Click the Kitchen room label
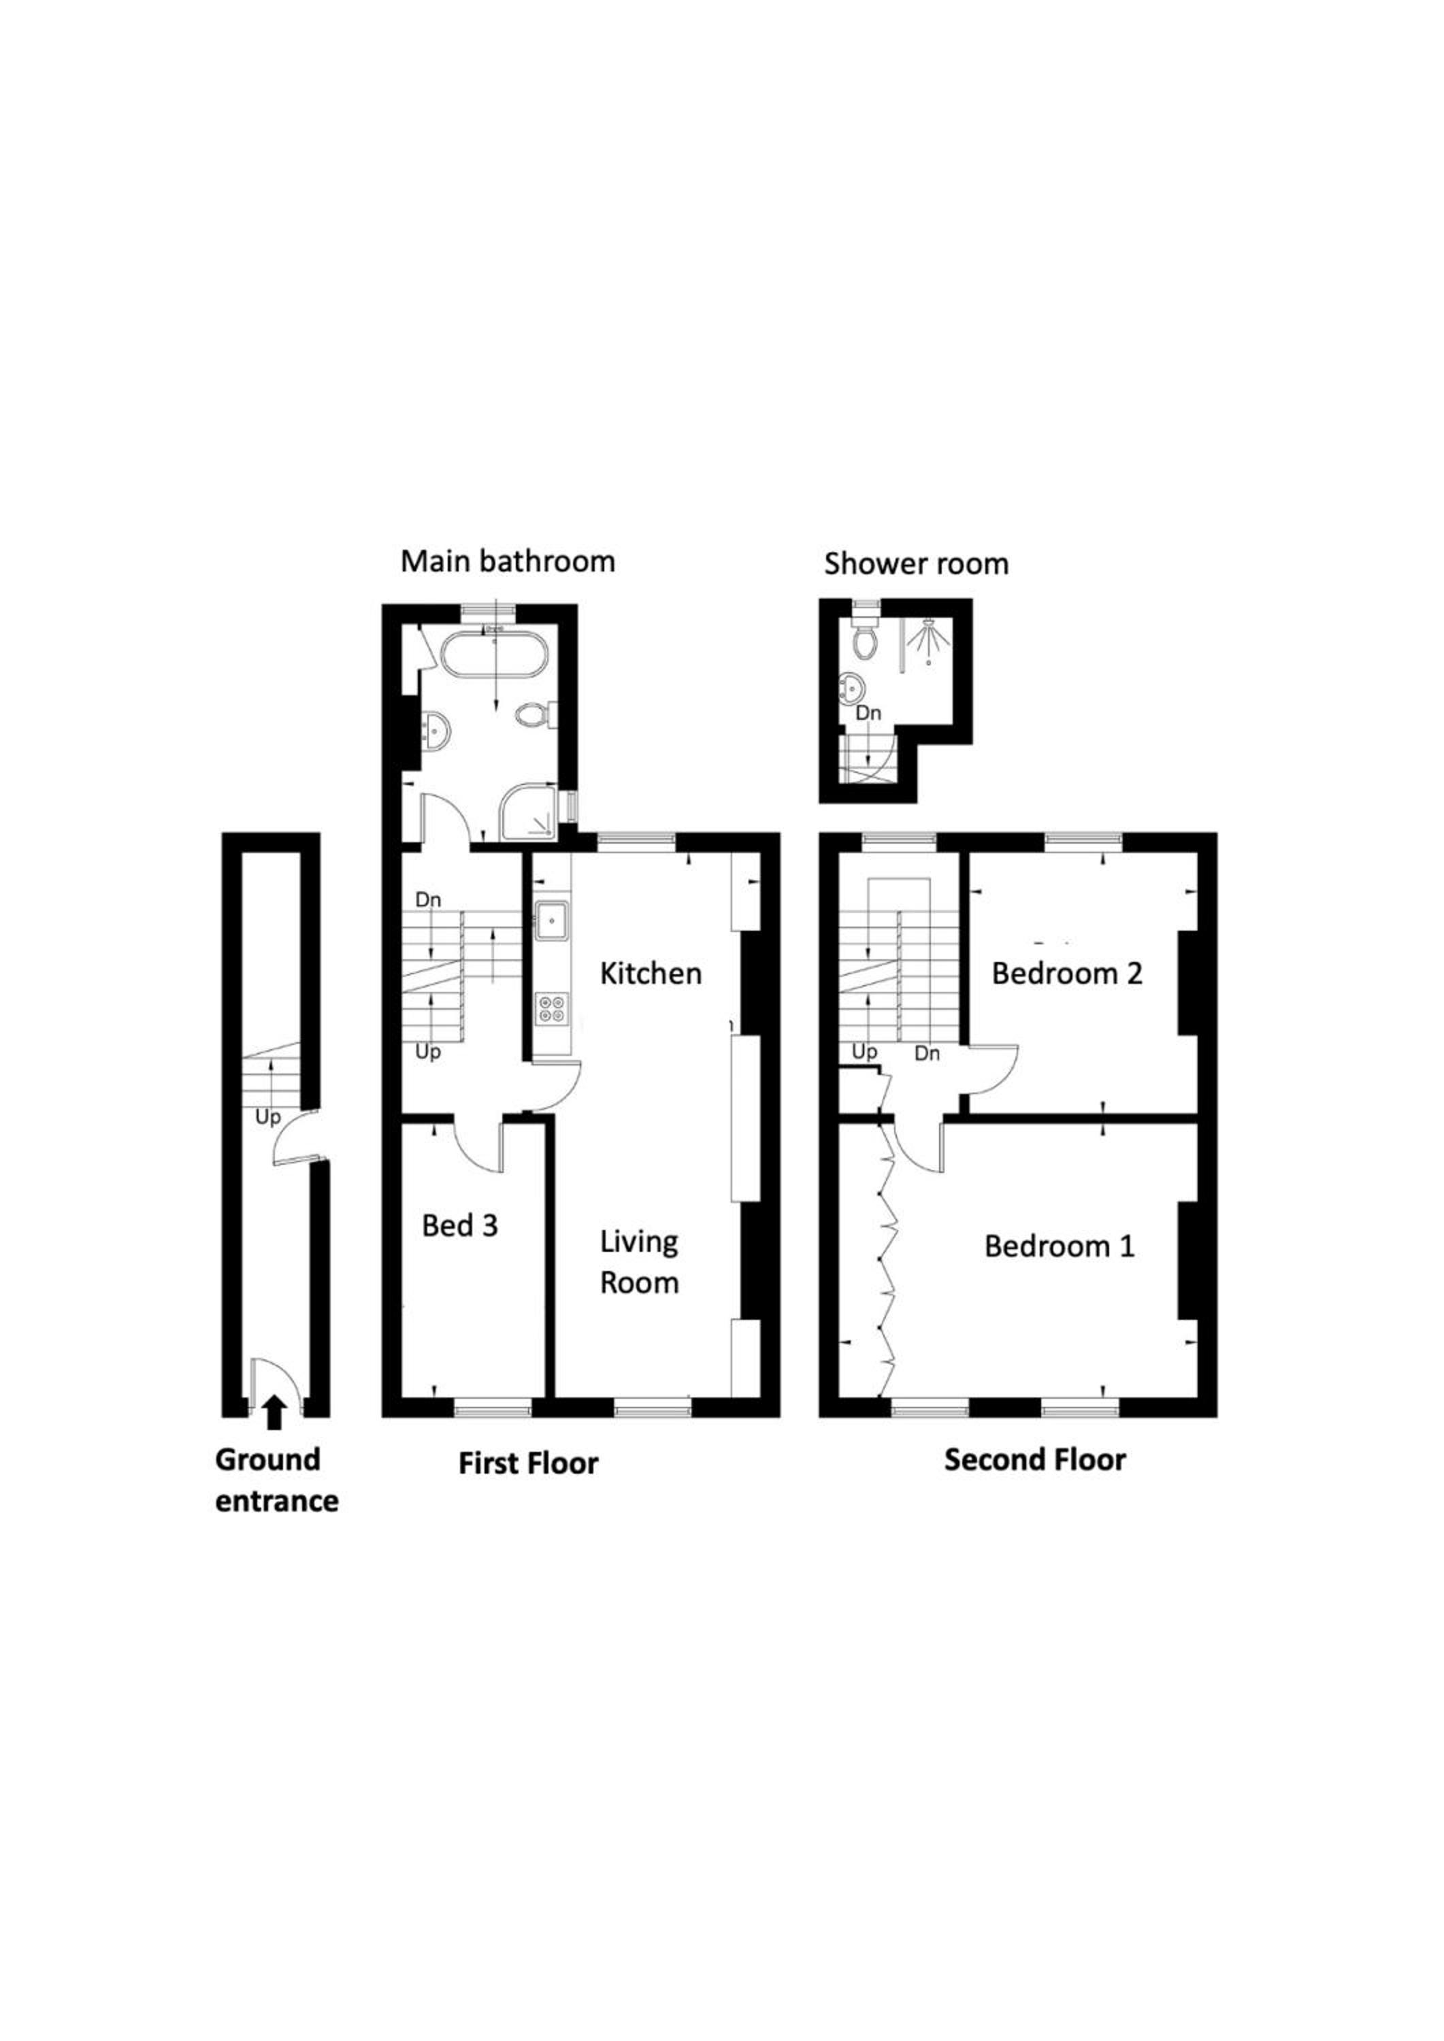[x=651, y=974]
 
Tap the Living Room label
[x=639, y=1261]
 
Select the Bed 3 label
[x=460, y=1226]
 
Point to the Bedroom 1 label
[x=1059, y=1246]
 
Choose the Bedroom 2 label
[x=1067, y=974]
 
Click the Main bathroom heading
[x=508, y=562]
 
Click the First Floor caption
[x=528, y=1463]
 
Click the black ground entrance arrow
[x=275, y=1412]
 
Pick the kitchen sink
[x=551, y=918]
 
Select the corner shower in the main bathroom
[x=528, y=812]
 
